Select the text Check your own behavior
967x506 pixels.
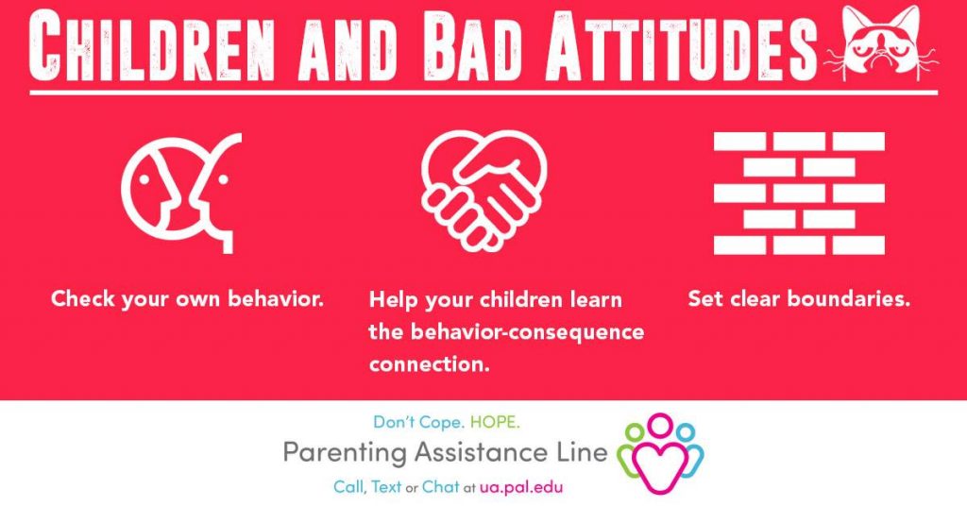point(188,300)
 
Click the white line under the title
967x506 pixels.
point(483,93)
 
